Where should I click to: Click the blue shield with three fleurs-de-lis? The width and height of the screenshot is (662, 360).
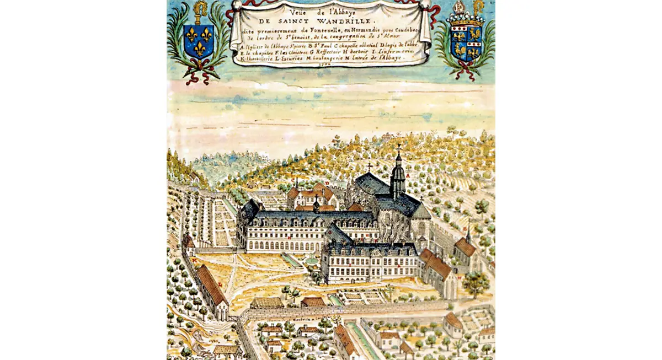pos(197,41)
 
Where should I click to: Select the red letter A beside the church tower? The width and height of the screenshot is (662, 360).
pos(408,176)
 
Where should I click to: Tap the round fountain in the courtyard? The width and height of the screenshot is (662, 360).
pos(312,260)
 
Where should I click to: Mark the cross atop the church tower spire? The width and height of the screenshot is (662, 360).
pos(398,148)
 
